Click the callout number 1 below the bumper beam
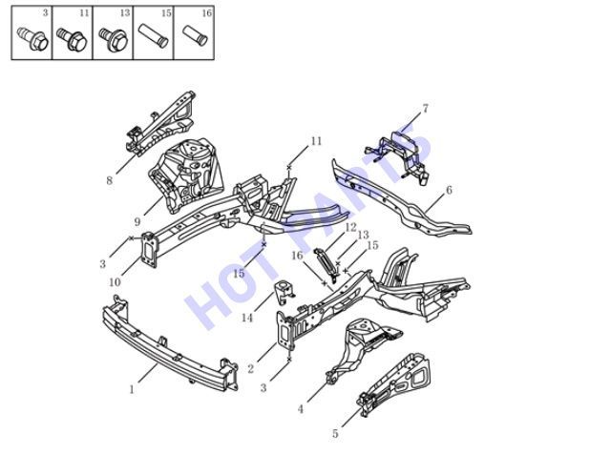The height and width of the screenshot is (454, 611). [132, 389]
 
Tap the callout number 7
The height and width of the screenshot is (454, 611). [425, 108]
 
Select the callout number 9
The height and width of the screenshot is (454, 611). [137, 222]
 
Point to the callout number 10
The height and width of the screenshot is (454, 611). [115, 282]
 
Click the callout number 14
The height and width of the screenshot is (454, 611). [247, 318]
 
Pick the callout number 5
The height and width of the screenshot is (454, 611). [335, 433]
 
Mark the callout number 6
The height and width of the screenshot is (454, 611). [449, 190]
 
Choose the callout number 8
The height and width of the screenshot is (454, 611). [110, 180]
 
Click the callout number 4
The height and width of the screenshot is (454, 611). [301, 409]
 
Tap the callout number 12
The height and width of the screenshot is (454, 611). [350, 227]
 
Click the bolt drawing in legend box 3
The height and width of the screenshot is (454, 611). [32, 39]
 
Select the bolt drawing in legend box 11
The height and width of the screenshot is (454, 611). [73, 39]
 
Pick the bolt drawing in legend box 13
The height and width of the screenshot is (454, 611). [113, 39]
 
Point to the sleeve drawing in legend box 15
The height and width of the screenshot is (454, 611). [154, 36]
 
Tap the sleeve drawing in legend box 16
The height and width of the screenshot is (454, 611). [195, 35]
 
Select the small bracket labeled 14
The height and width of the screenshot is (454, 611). [284, 293]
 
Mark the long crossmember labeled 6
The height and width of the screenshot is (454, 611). [401, 198]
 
